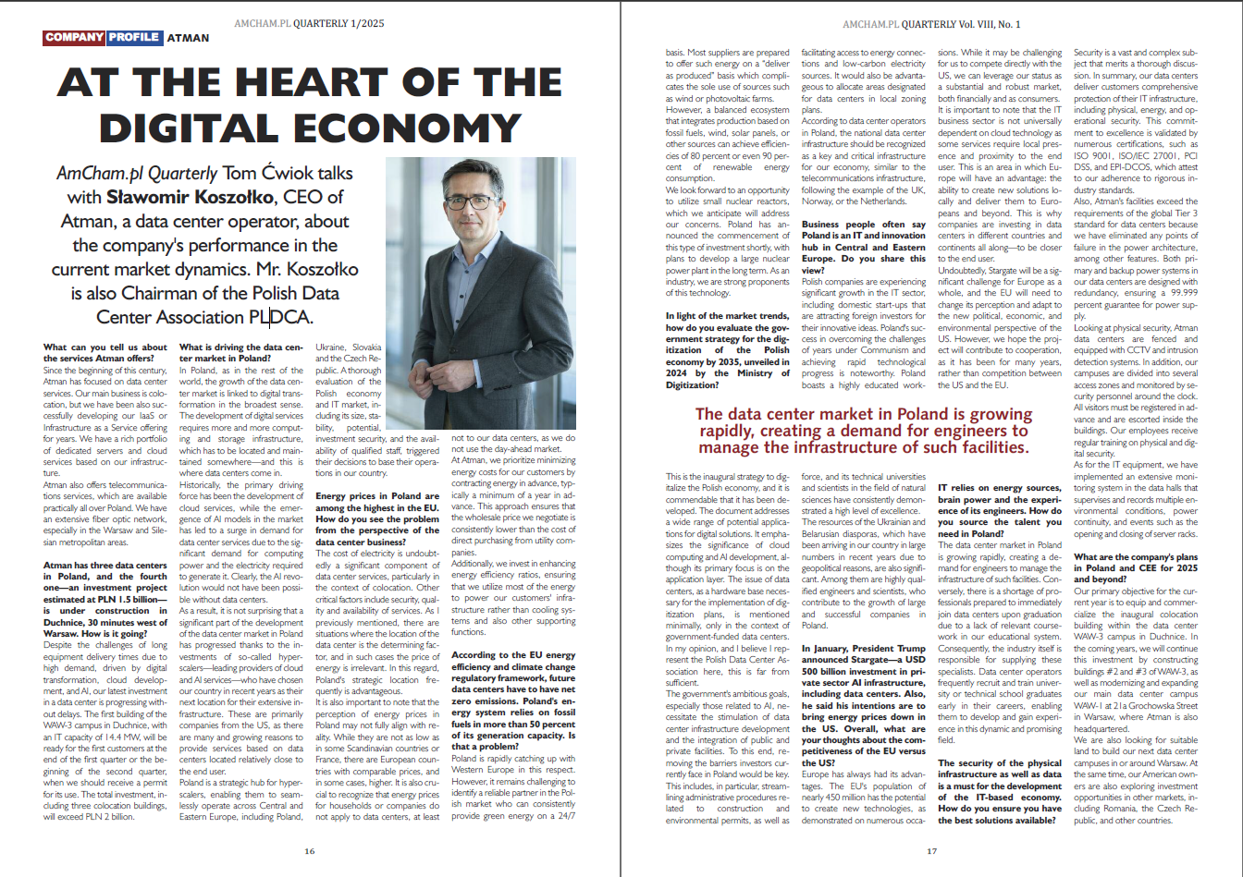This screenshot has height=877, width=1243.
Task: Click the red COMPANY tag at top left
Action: (x=73, y=38)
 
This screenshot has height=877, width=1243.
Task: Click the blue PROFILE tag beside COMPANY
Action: (x=133, y=38)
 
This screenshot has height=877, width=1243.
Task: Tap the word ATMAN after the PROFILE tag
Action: (x=188, y=39)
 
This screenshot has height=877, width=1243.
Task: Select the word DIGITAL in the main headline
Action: (x=181, y=125)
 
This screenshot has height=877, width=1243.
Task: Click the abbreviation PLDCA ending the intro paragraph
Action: (x=281, y=317)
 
